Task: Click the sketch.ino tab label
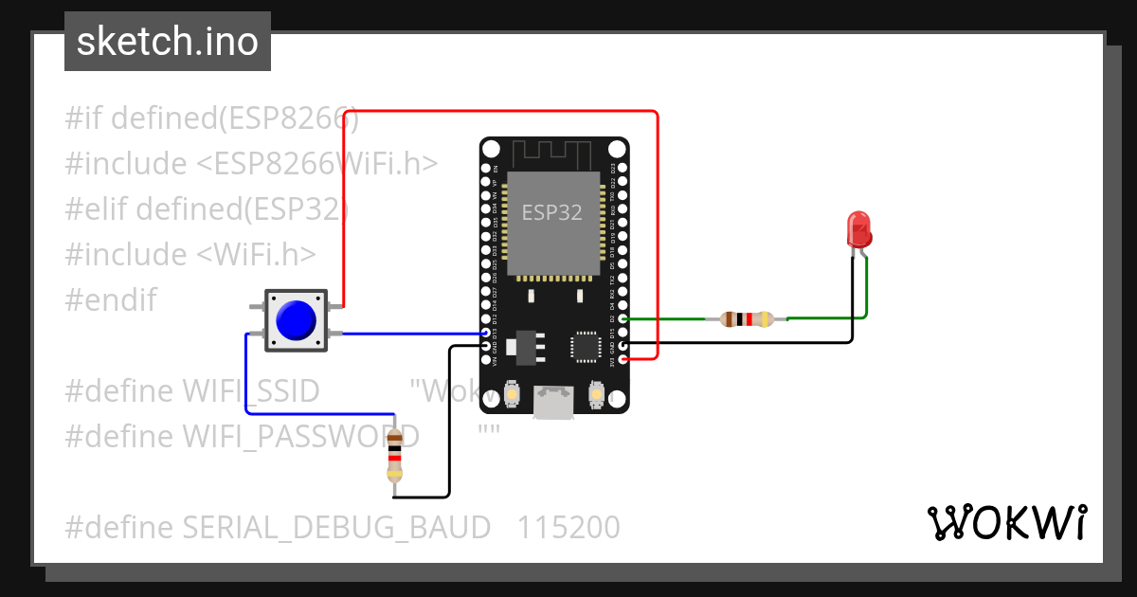point(167,42)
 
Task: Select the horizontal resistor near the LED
point(747,319)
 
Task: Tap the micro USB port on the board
point(553,402)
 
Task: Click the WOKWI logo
point(1006,522)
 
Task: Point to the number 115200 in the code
point(568,527)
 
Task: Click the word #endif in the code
point(110,300)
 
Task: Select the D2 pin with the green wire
point(623,320)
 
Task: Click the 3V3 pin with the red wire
point(623,359)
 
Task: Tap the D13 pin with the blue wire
point(486,334)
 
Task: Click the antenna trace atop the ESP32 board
point(552,152)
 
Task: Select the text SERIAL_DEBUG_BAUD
point(336,527)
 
